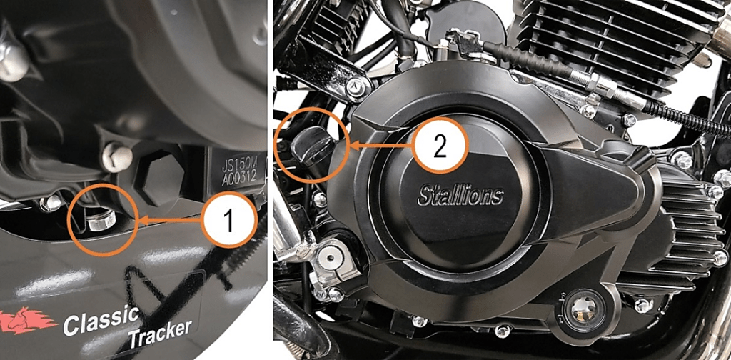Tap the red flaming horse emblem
point(28,321)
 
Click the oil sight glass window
point(582,309)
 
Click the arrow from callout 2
point(380,146)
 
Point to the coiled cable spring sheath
point(687,118)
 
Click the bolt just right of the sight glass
point(644,306)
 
